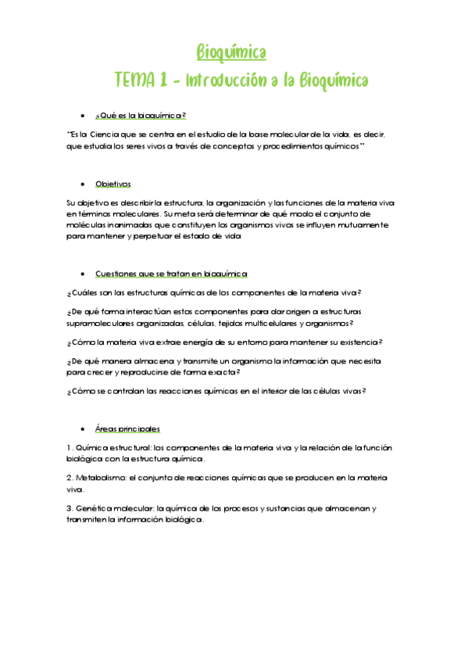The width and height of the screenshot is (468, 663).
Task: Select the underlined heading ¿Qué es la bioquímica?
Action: click(x=141, y=116)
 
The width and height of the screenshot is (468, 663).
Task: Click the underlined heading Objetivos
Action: click(x=113, y=184)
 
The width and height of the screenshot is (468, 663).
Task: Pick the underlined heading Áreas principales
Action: click(x=127, y=428)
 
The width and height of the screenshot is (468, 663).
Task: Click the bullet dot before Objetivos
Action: click(x=83, y=185)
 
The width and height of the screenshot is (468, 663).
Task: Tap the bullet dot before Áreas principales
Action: click(x=83, y=429)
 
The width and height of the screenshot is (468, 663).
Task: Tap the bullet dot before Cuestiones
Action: click(x=83, y=274)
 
